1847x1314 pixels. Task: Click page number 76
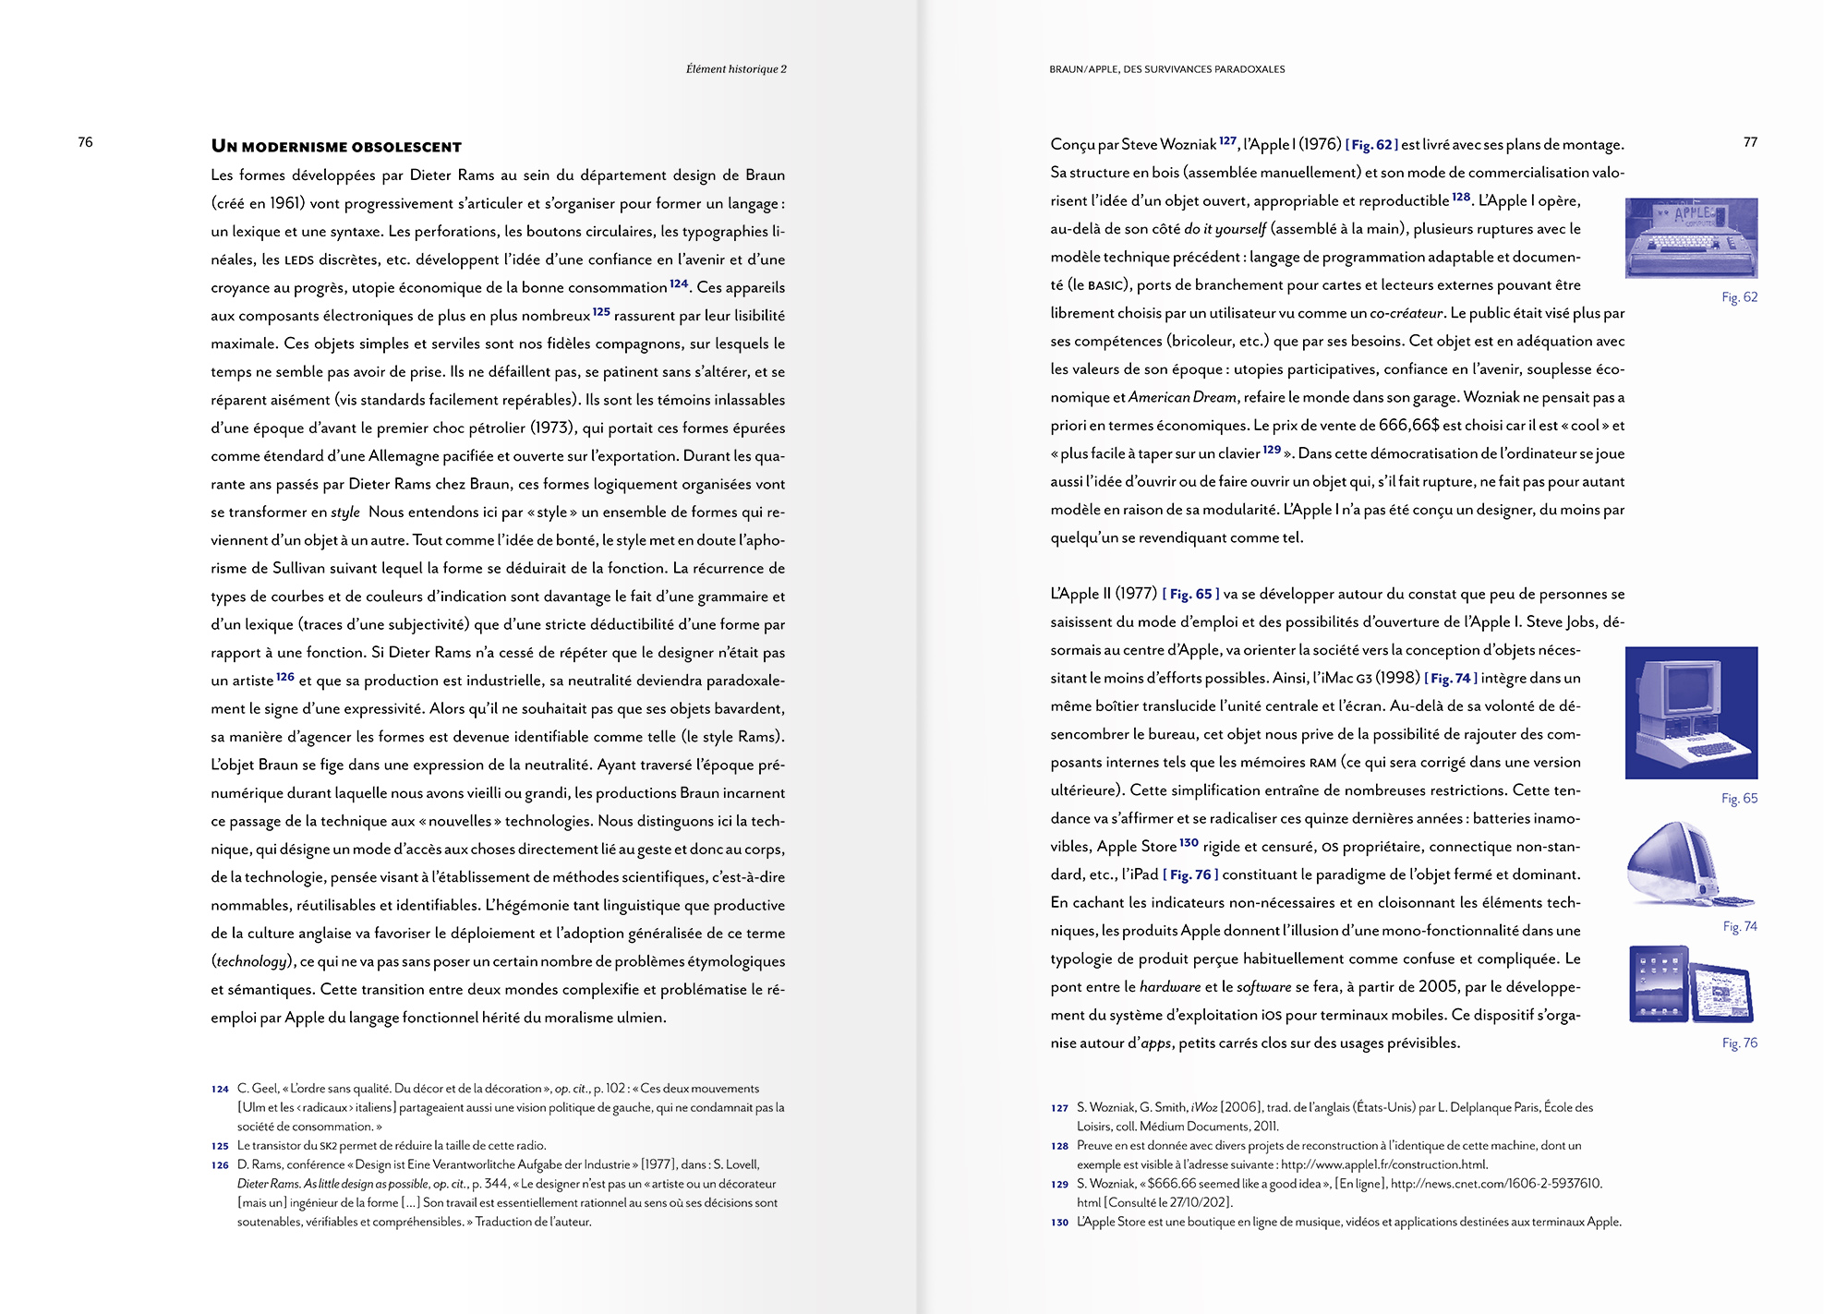pyautogui.click(x=85, y=142)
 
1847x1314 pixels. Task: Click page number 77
pyautogui.click(x=1750, y=142)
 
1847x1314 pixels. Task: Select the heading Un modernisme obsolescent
pyautogui.click(x=336, y=147)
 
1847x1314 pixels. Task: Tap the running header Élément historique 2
pyautogui.click(x=736, y=69)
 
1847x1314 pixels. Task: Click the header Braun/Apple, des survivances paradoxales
pyautogui.click(x=1166, y=69)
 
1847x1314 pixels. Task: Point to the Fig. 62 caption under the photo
pyautogui.click(x=1739, y=297)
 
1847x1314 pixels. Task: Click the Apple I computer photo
pyautogui.click(x=1691, y=237)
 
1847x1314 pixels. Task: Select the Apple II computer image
pyautogui.click(x=1691, y=712)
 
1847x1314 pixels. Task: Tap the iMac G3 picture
pyautogui.click(x=1689, y=864)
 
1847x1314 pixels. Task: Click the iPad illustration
pyautogui.click(x=1690, y=984)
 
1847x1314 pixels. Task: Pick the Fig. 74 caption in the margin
pyautogui.click(x=1740, y=926)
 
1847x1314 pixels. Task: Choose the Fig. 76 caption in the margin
pyautogui.click(x=1740, y=1043)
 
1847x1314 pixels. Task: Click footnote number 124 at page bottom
pyautogui.click(x=220, y=1090)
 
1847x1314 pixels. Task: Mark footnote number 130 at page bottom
pyautogui.click(x=1059, y=1223)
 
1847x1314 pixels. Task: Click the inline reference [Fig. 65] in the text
pyautogui.click(x=1190, y=595)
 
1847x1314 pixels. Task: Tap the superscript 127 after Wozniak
pyautogui.click(x=1227, y=141)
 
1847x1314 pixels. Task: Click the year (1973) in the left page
pyautogui.click(x=554, y=428)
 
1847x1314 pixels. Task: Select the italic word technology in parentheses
pyautogui.click(x=251, y=962)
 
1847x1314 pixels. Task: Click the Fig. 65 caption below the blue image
pyautogui.click(x=1739, y=799)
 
